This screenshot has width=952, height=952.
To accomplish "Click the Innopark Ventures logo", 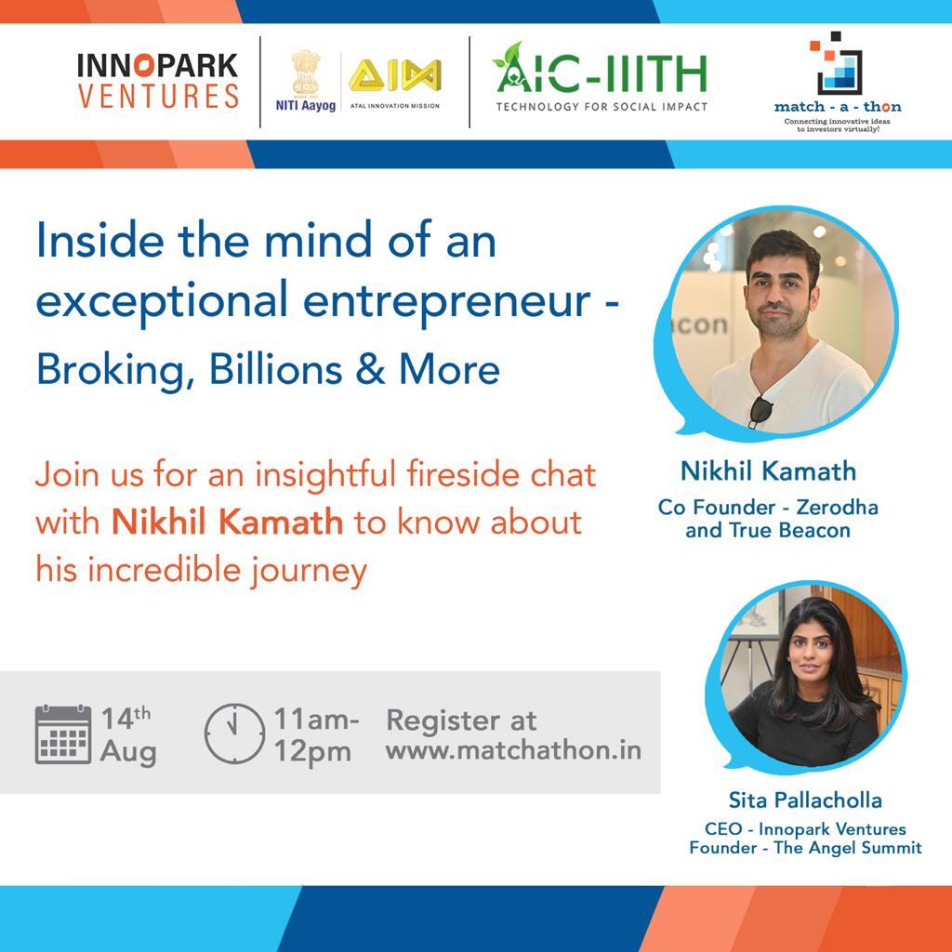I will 157,81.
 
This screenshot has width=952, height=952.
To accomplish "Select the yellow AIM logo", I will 394,75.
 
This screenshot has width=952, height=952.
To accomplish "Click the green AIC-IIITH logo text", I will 601,71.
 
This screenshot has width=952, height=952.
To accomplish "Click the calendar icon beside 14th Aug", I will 62,734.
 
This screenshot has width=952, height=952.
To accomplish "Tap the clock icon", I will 233,734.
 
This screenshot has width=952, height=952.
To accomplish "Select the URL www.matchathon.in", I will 513,750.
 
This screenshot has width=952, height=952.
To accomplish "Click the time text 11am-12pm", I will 316,734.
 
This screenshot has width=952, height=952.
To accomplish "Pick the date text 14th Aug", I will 128,734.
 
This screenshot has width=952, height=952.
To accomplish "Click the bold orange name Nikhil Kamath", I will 227,522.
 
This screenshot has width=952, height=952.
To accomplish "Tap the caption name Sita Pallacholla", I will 805,800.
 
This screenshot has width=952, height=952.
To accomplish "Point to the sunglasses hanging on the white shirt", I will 760,409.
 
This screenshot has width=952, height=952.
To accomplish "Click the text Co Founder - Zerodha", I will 768,508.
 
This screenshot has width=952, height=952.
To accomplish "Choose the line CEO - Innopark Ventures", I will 805,828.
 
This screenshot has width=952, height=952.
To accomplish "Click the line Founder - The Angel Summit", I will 805,847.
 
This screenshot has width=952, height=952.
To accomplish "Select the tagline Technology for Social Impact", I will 601,107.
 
